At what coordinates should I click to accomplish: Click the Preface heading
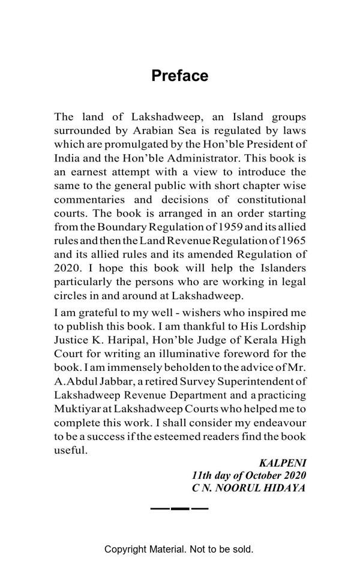point(180,76)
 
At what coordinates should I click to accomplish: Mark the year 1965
point(292,241)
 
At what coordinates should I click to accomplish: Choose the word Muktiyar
point(77,409)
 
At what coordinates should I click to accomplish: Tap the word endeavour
point(283,422)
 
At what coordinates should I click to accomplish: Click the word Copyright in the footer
point(128,549)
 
